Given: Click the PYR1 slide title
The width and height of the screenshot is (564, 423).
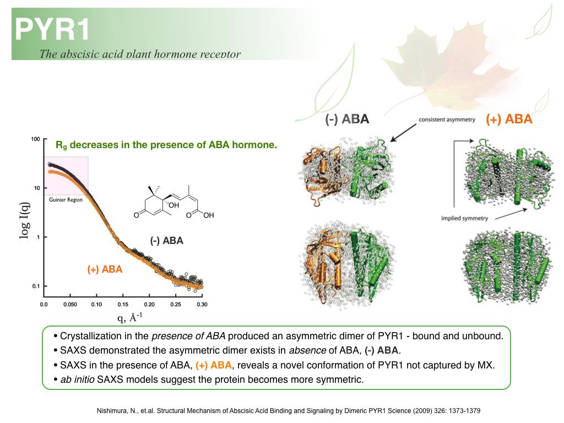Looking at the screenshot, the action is point(52,30).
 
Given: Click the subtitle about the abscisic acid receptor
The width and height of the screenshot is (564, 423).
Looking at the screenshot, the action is point(140,54).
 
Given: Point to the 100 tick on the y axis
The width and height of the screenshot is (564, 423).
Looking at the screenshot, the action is point(35,139).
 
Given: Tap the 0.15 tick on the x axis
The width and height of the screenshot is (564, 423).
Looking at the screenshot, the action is point(123,304).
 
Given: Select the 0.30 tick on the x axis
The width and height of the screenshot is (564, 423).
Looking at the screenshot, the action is point(202,304).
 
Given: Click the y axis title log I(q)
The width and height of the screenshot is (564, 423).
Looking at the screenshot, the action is point(24,220).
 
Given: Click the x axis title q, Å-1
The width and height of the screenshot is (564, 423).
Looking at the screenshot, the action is point(130,318).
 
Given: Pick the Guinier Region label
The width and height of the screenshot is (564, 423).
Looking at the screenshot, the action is point(66,199).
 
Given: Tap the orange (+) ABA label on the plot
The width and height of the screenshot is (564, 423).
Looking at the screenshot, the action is point(105,269).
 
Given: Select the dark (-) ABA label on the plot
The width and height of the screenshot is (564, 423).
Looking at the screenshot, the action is point(166,240).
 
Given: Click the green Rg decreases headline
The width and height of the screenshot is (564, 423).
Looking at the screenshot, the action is point(166,145).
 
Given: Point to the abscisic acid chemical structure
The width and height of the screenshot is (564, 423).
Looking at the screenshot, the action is point(173,202).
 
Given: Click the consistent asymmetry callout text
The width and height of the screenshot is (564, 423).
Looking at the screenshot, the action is point(447,120).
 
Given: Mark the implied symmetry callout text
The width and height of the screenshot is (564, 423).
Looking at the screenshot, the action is point(464,218).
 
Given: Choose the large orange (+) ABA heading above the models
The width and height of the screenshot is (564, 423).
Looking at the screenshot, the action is point(508,119).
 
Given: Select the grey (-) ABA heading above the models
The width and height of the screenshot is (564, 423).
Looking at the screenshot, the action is point(347,119).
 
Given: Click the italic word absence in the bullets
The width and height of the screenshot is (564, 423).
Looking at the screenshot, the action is point(307,350).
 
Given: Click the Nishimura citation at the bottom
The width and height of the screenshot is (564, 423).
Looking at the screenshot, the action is point(289,411).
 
